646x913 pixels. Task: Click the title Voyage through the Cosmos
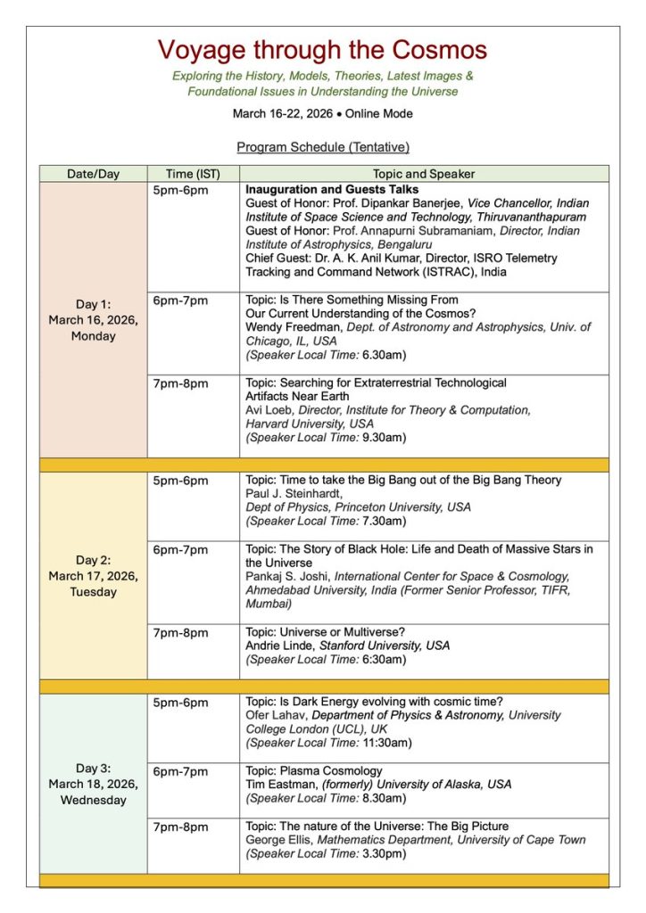pos(323,49)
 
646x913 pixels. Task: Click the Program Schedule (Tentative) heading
pos(323,146)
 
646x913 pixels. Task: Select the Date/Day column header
pos(93,174)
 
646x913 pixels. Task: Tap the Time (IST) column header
pos(193,174)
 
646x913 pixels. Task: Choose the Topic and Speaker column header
pos(424,174)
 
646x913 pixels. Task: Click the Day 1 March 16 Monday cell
pos(93,320)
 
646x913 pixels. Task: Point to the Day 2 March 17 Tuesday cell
pos(93,575)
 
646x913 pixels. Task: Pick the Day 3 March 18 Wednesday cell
pos(93,784)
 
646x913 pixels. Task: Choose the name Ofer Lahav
pos(275,715)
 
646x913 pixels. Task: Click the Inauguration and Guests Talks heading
pos(332,190)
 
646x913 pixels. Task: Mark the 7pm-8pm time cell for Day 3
pos(180,827)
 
